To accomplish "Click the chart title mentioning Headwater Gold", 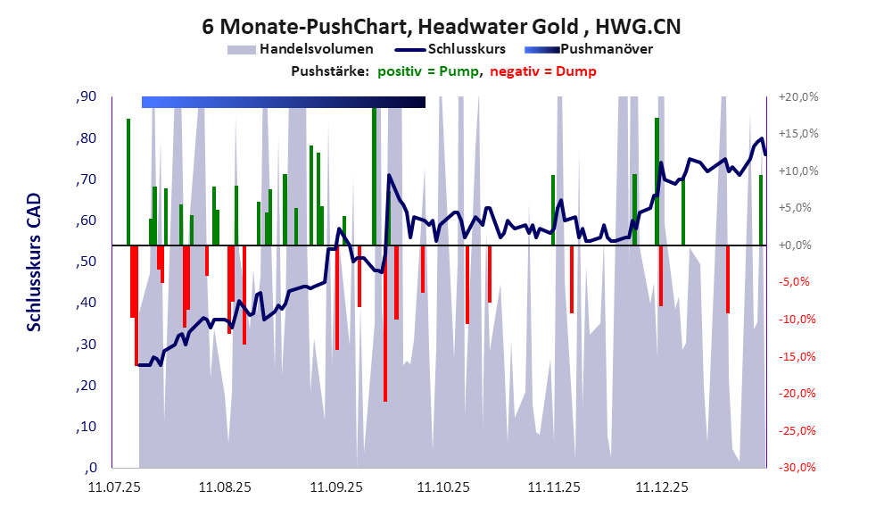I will click(442, 26).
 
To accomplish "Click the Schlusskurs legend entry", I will click(467, 49).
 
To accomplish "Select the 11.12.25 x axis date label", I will click(661, 488).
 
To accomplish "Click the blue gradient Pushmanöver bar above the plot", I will click(283, 102).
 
